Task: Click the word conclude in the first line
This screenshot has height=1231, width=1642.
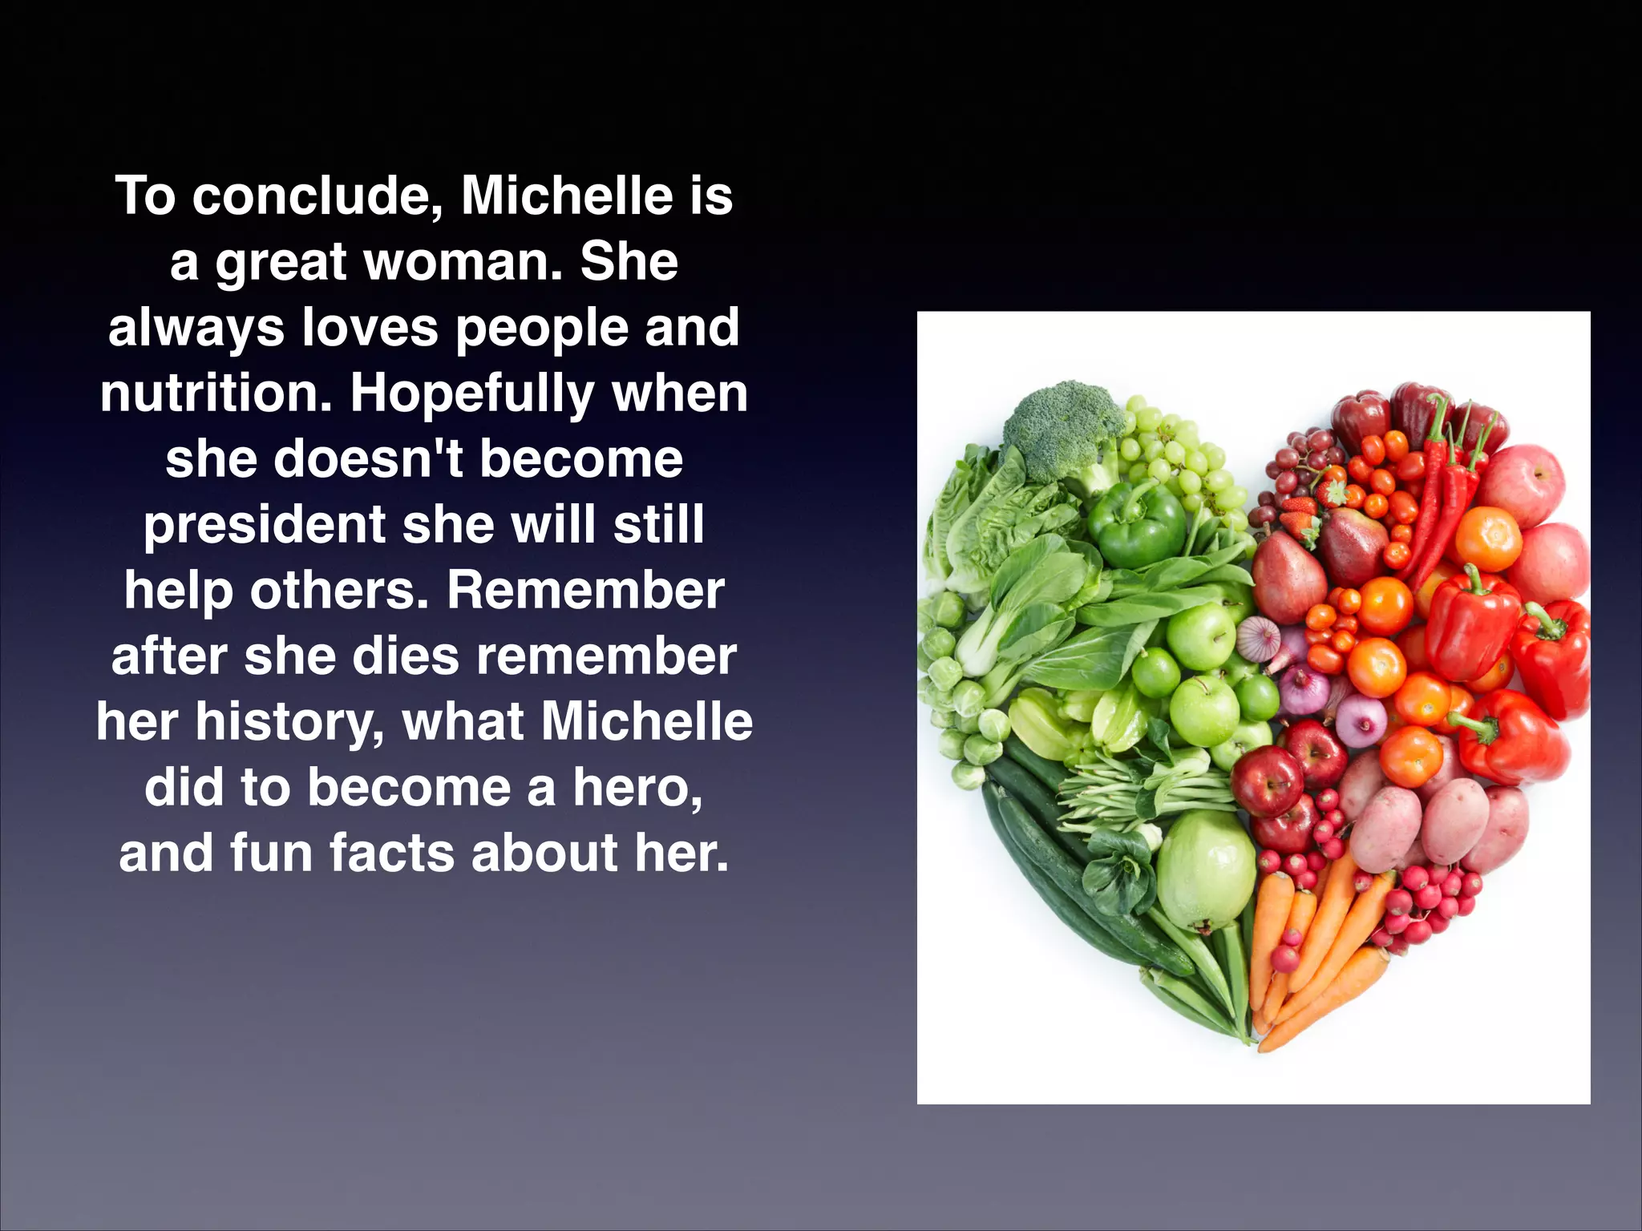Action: [x=317, y=196]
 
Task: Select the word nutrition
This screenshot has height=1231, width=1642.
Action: [x=216, y=394]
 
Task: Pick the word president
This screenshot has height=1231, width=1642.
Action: [x=265, y=525]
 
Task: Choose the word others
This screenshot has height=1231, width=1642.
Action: [x=339, y=591]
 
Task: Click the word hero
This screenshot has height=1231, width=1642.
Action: [x=637, y=788]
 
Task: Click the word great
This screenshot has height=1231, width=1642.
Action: [x=281, y=264]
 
